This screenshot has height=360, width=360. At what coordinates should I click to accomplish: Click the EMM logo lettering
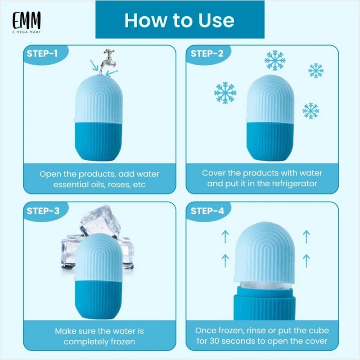27,20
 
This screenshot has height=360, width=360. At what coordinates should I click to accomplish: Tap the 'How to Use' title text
180,20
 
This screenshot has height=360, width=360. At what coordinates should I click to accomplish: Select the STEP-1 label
42,54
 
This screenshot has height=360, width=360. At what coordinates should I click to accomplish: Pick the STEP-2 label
207,54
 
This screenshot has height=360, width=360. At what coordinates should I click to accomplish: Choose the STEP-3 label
43,211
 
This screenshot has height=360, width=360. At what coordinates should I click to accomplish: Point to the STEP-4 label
207,211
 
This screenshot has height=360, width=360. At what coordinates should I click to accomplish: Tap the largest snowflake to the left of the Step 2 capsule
225,93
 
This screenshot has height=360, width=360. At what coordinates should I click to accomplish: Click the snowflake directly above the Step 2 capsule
275,60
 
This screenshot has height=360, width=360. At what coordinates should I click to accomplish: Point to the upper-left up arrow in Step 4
225,237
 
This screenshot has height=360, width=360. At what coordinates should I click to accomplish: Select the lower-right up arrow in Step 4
306,261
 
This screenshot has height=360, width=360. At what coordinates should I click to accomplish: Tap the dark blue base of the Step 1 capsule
98,142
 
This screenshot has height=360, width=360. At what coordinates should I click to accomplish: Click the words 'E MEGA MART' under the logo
27,32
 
